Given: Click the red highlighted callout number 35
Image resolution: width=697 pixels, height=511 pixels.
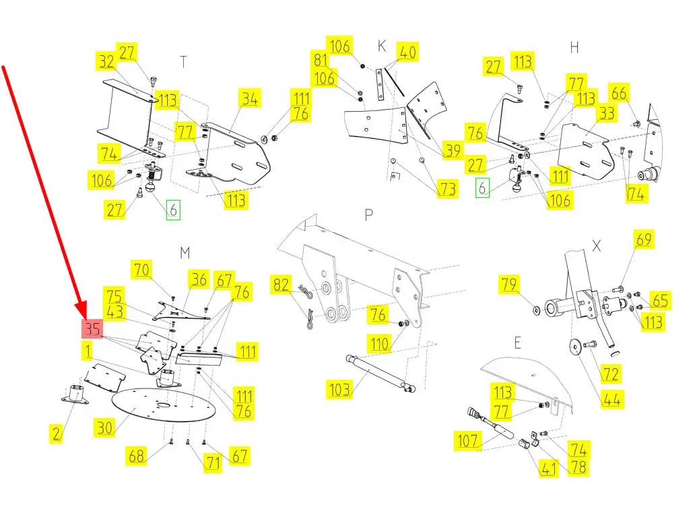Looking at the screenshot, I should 92,330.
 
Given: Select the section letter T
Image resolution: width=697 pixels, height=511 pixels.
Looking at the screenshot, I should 183,62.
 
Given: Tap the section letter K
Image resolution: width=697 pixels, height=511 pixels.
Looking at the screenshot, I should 382,46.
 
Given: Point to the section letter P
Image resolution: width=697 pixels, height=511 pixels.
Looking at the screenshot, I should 368,215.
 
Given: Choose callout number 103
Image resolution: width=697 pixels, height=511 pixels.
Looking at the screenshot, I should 339,388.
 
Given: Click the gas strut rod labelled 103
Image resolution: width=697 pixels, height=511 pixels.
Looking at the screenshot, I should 380,372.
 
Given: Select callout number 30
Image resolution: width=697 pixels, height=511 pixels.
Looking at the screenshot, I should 104,426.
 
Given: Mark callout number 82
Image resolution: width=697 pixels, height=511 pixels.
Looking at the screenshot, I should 282,285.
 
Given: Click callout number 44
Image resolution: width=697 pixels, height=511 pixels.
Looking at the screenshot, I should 611,399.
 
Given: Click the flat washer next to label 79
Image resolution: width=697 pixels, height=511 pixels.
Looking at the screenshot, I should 535,310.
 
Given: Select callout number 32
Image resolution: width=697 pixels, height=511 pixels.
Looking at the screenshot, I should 106,62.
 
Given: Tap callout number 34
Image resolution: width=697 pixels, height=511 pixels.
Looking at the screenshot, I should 249,100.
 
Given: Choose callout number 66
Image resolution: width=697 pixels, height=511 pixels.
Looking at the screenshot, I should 619,92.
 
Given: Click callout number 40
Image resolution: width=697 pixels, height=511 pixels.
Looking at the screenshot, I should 407,52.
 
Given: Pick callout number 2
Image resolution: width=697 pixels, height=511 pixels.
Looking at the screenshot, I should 56,434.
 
